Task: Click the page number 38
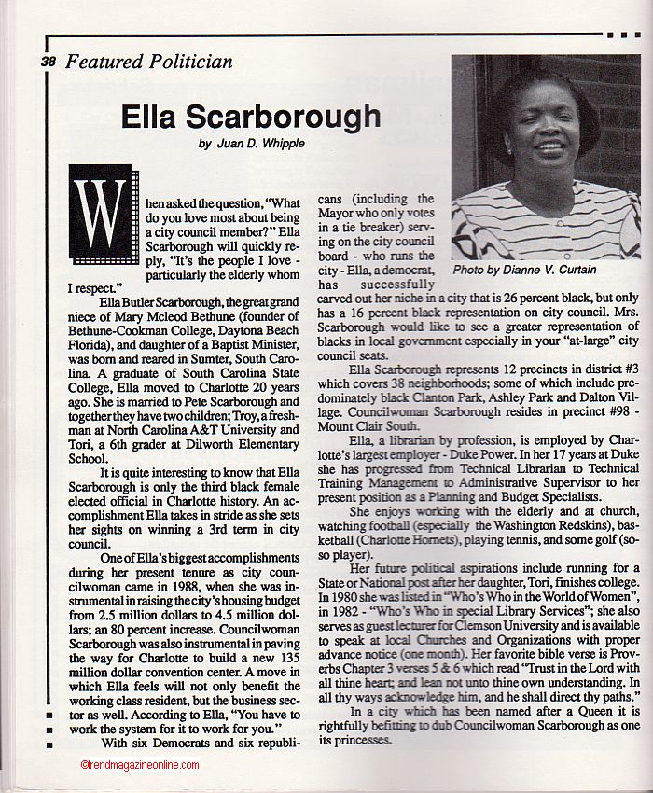[49, 63]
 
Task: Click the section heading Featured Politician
[149, 63]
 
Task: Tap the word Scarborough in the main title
[279, 117]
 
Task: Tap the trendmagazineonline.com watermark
[140, 765]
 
